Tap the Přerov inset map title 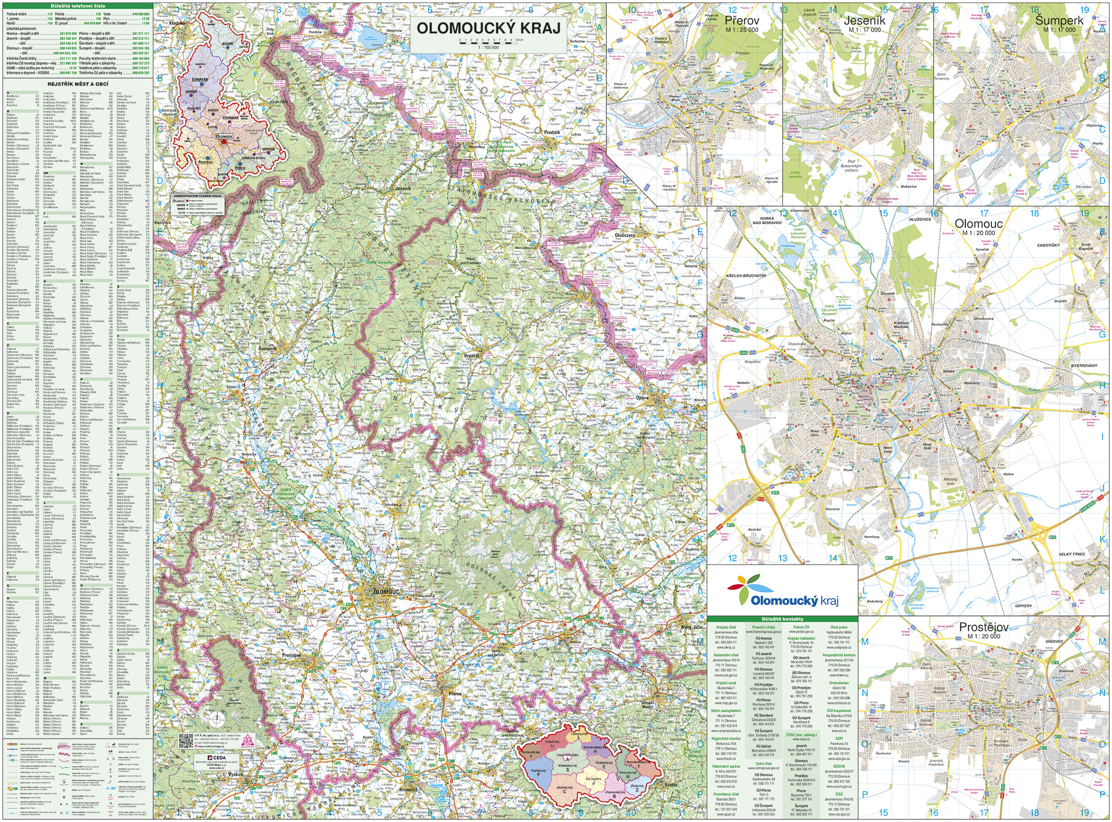[x=742, y=21]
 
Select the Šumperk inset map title [x=1059, y=20]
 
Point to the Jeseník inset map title [x=864, y=21]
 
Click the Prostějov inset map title [x=984, y=627]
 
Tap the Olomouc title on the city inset [x=978, y=224]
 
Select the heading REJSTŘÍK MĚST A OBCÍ [x=77, y=84]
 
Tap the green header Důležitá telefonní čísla [x=77, y=6]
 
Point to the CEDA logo [x=217, y=757]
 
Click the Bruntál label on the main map [x=471, y=356]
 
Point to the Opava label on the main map [x=642, y=397]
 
